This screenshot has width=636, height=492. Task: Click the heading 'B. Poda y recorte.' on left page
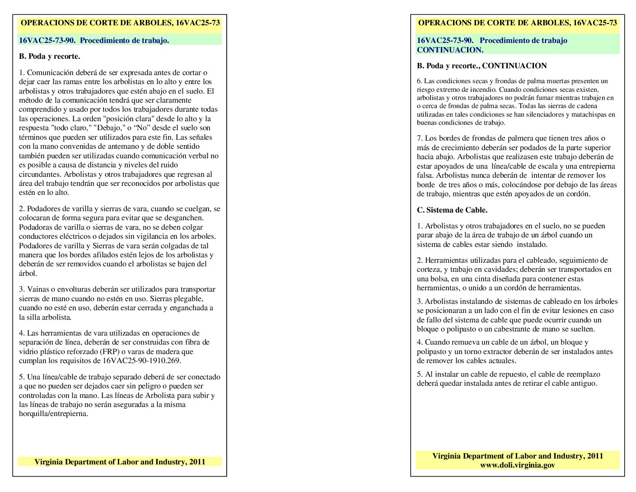point(49,57)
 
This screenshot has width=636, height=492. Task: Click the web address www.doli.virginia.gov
point(517,465)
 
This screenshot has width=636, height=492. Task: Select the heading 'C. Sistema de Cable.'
point(452,210)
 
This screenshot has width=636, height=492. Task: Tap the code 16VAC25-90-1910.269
point(141,361)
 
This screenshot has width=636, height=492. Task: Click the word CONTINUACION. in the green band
point(450,50)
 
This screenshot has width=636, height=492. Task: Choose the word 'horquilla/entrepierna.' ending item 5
point(53,414)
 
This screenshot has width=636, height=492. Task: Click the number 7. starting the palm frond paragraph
point(420,138)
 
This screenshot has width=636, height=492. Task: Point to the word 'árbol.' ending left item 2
point(28,273)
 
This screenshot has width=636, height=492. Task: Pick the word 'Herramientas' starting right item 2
point(448,260)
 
